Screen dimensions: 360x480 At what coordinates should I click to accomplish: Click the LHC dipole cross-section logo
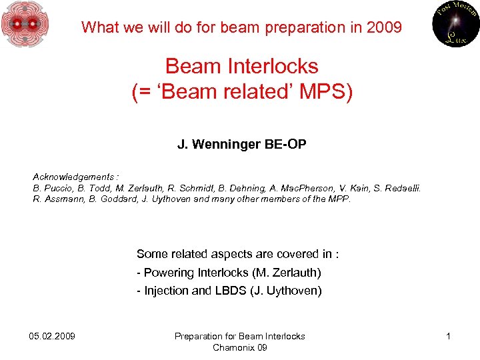point(25,25)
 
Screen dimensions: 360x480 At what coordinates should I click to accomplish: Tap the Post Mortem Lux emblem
point(455,25)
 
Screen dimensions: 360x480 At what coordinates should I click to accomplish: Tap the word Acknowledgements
point(74,177)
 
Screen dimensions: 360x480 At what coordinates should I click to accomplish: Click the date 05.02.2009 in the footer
point(53,336)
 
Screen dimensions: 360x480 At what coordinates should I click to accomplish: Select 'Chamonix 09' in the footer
point(239,347)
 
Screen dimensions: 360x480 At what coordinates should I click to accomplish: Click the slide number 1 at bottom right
point(449,336)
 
